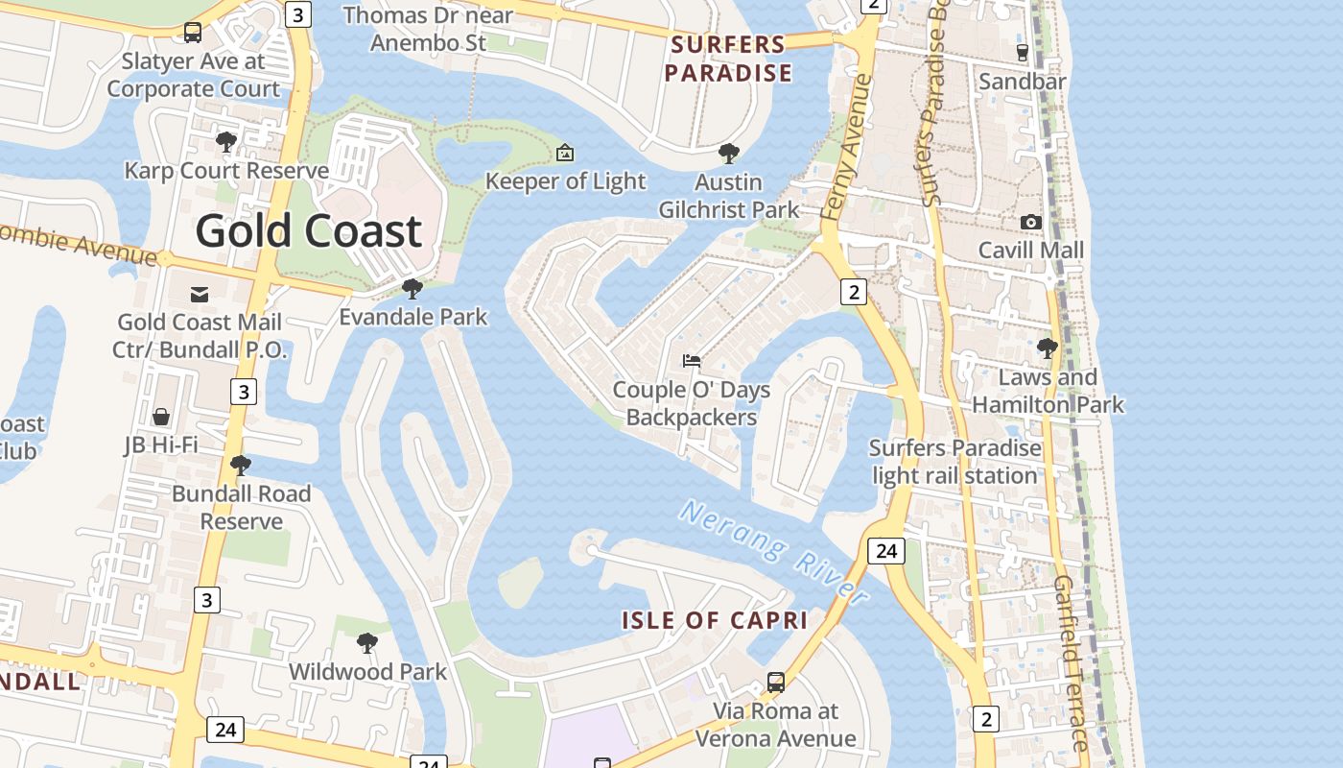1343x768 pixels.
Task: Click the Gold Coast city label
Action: (309, 230)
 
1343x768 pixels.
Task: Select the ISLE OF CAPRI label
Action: (715, 620)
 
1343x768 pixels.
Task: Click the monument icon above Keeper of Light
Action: (565, 153)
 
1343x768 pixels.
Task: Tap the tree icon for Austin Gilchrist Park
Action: (729, 153)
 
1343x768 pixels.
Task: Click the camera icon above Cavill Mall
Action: (1031, 222)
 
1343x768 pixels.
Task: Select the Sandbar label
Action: (1023, 82)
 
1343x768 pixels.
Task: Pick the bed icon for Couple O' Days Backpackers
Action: (692, 361)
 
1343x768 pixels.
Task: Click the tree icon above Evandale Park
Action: (412, 288)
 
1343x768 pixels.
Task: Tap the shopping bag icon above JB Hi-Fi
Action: (161, 417)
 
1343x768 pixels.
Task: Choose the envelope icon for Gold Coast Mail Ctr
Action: (200, 294)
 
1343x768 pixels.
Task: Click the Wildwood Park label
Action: (368, 671)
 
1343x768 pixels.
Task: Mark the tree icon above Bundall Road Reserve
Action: (241, 466)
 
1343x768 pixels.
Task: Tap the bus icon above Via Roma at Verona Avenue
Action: (776, 683)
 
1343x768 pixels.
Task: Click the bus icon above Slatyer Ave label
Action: (193, 33)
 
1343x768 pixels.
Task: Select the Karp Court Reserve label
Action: (226, 171)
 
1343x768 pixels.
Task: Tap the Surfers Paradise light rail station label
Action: (955, 462)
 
